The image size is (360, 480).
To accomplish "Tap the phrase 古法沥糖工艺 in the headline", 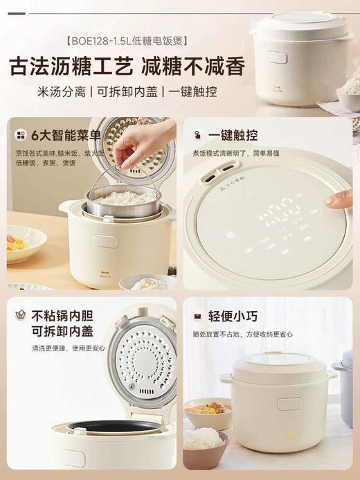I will coord(69,66).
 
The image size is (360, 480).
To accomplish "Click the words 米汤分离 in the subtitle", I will coord(60,93).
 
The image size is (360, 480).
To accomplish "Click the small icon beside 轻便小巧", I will coord(197,317).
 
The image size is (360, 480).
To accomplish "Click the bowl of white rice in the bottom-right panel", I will coord(205,441).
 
